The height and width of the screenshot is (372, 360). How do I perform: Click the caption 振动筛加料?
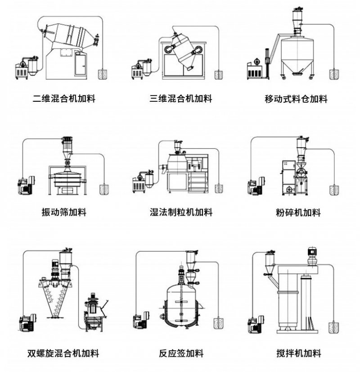(x=64, y=212)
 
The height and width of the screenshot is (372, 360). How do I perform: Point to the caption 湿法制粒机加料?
(x=181, y=212)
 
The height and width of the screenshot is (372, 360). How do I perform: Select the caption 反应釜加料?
(x=181, y=353)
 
